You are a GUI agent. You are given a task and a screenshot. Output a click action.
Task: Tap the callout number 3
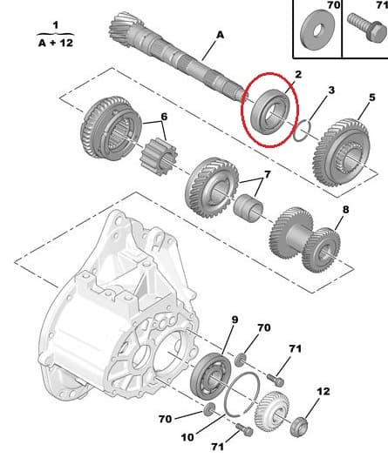coord(331,90)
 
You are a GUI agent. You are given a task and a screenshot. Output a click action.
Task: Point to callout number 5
coord(371,98)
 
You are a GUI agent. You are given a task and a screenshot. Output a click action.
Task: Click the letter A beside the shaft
coord(220,35)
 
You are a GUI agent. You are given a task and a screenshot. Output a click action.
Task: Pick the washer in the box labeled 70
coord(317,30)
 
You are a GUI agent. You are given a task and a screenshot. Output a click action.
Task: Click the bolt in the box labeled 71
coord(367,28)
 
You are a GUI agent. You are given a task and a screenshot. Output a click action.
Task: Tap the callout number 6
coord(164,117)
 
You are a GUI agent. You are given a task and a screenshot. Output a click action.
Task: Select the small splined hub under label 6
coord(159,157)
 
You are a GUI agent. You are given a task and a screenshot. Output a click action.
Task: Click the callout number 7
coord(268,174)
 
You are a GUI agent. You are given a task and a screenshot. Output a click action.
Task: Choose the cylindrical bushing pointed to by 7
coord(248,209)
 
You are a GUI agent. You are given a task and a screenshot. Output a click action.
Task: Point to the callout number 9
coord(235,320)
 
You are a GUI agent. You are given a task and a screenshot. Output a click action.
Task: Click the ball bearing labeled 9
coord(211,376)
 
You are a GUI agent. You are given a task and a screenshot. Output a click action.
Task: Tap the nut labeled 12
coord(298,427)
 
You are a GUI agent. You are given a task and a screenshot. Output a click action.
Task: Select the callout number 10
coord(187,437)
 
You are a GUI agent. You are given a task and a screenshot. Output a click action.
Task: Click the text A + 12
coord(56,43)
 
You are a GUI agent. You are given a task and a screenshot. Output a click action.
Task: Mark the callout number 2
coord(297,75)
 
